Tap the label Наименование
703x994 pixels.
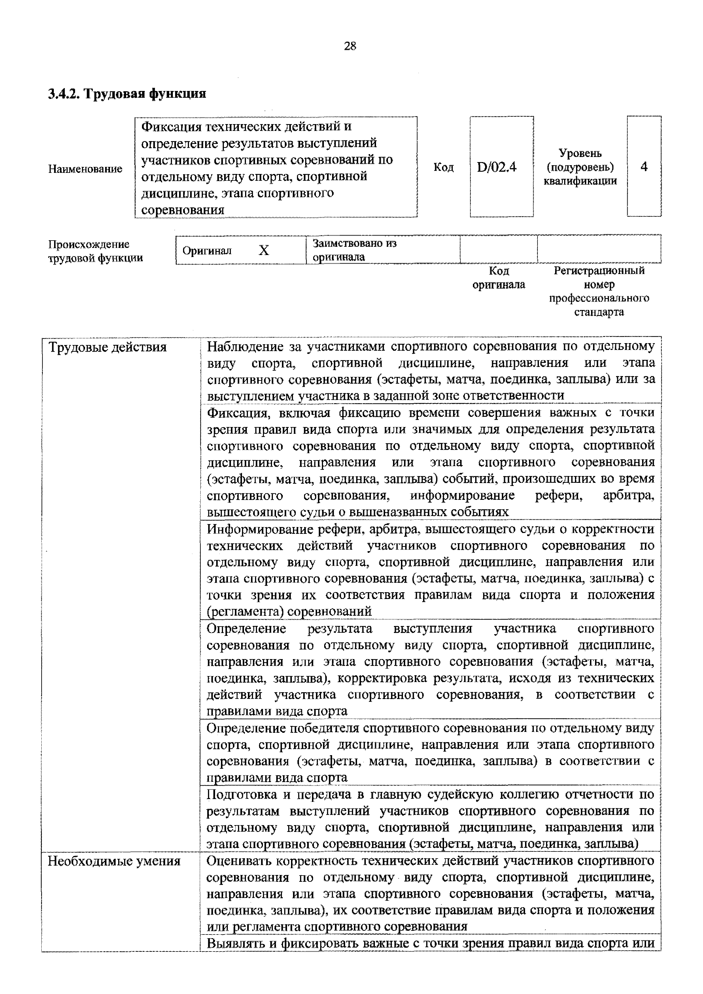click(x=85, y=169)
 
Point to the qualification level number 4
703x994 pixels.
click(x=644, y=167)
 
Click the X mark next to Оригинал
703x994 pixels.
click(x=264, y=250)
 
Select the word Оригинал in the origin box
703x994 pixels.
click(x=207, y=251)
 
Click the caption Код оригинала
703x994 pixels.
click(x=499, y=277)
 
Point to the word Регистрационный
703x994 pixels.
click(x=599, y=271)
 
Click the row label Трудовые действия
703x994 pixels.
click(x=107, y=347)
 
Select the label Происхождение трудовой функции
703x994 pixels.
click(x=95, y=251)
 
